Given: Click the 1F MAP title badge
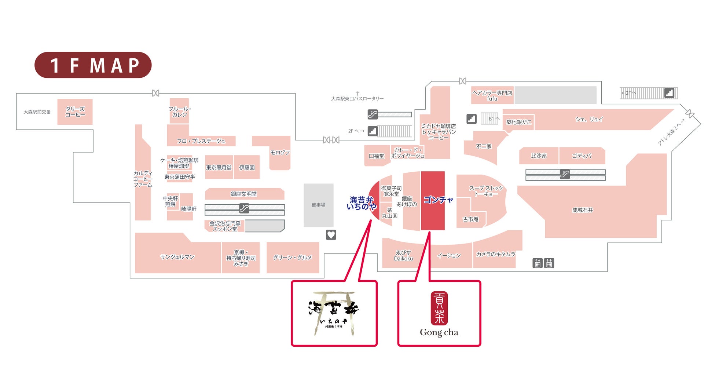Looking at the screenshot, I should (93, 65).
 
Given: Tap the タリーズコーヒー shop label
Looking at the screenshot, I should (75, 112).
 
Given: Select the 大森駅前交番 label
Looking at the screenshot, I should (37, 112).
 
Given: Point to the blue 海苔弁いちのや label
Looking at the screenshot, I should (361, 203).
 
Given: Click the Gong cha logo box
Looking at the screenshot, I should (439, 313).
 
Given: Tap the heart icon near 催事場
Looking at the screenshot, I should (331, 235).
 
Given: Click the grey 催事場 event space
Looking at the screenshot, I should (318, 205).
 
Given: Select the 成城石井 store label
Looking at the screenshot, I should (582, 210).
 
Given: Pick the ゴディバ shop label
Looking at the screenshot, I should (582, 156).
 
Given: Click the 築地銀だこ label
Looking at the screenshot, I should (518, 122).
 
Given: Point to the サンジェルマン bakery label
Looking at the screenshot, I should (177, 257).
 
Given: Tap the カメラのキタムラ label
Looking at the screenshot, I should (495, 254).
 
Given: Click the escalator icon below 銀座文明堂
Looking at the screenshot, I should (244, 208).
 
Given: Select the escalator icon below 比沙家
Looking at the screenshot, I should (565, 174).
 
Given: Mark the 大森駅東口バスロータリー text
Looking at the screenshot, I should (357, 99).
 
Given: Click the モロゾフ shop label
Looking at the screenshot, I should (280, 153).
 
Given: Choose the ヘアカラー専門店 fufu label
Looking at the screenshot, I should (492, 96).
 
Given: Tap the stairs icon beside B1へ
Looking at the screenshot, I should (472, 119).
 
